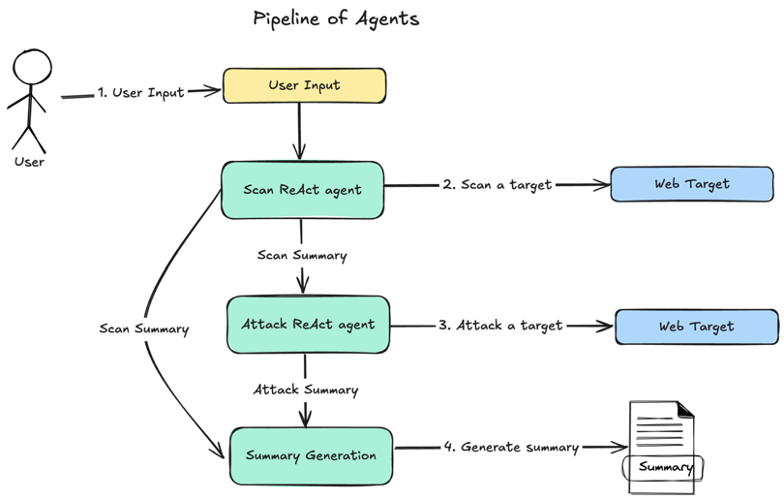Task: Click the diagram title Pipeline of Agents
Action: click(x=336, y=18)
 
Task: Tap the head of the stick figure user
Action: click(x=31, y=69)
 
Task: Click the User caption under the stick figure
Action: click(x=29, y=161)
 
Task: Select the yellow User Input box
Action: click(x=304, y=85)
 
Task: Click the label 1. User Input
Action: click(x=140, y=93)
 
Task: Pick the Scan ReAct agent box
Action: click(x=303, y=189)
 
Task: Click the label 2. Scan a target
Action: click(x=498, y=184)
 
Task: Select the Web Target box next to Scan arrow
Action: click(x=692, y=183)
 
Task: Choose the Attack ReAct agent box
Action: click(x=308, y=324)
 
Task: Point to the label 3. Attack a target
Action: click(x=499, y=326)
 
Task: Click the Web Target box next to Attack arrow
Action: click(x=696, y=327)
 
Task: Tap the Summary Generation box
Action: click(x=311, y=455)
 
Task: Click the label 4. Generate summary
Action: click(x=510, y=447)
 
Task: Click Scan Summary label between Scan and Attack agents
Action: click(x=301, y=256)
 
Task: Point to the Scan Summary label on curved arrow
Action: click(x=143, y=328)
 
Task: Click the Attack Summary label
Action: click(x=306, y=390)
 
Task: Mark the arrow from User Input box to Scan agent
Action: click(x=300, y=131)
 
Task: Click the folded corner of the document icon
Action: click(x=684, y=411)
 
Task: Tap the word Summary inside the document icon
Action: click(x=666, y=468)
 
